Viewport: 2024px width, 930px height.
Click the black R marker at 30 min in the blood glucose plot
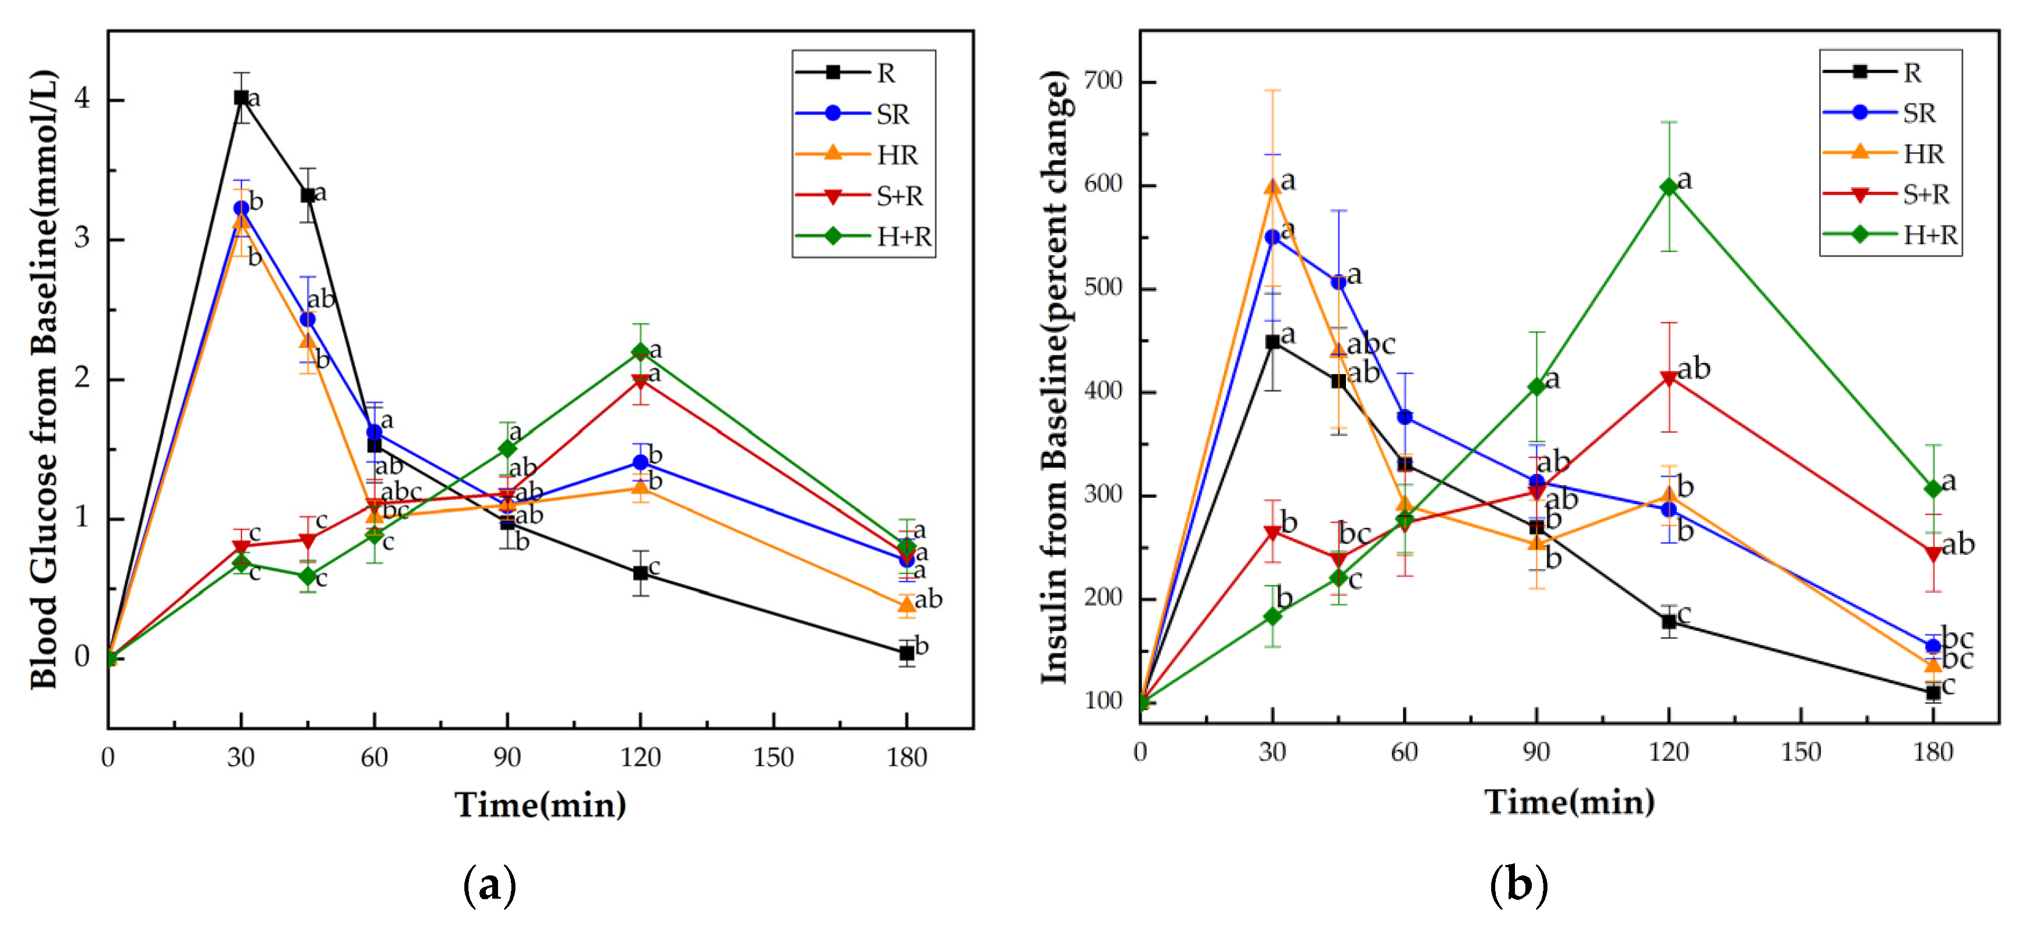pos(241,98)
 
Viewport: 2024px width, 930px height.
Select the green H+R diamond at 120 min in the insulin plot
pos(1668,187)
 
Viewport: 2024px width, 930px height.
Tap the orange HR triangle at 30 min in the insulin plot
pos(1272,187)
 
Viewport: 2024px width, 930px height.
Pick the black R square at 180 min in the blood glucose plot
pos(906,652)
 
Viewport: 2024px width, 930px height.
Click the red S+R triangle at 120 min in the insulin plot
pos(1668,379)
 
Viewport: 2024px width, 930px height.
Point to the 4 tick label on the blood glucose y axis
pos(82,99)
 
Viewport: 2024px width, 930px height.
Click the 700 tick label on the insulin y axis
pos(1103,80)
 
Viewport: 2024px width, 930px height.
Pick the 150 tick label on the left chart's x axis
pos(773,756)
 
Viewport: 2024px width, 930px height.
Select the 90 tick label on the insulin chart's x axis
pos(1535,752)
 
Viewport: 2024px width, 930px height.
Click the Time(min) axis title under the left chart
pos(540,804)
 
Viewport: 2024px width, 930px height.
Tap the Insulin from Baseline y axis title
pos(1055,378)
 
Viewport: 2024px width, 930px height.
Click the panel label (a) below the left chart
pos(489,885)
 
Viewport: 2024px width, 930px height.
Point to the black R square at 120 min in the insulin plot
pos(1668,621)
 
